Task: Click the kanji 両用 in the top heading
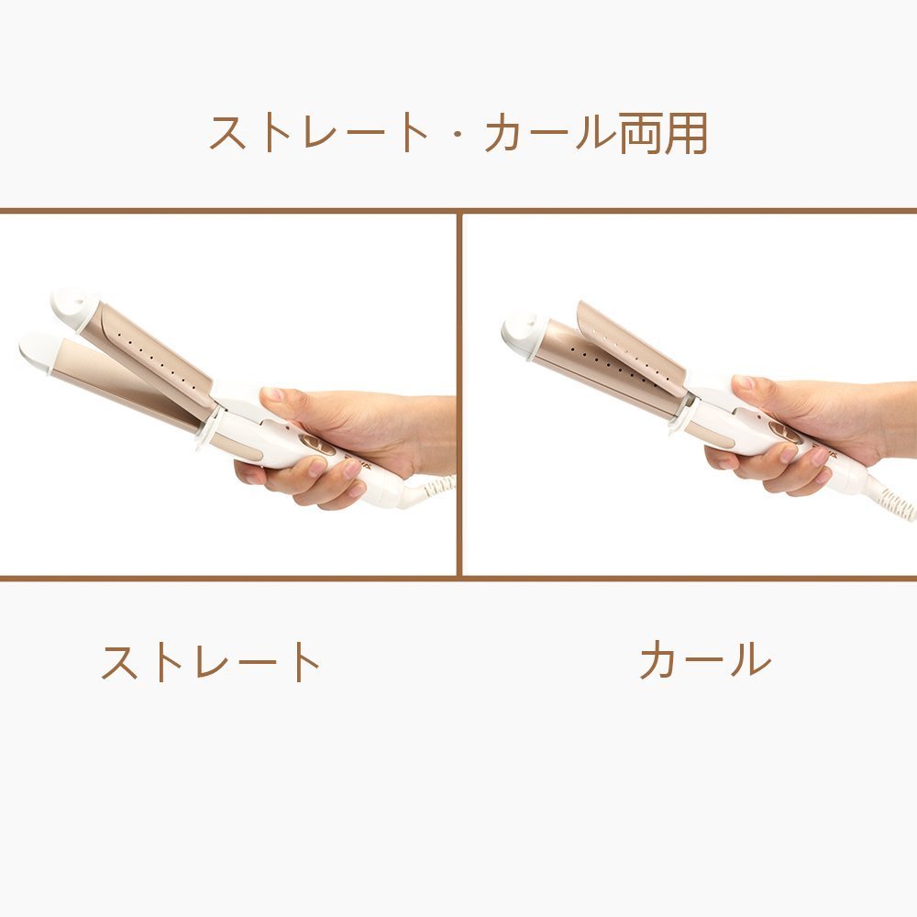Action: pyautogui.click(x=663, y=133)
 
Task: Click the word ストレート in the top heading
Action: pyautogui.click(x=319, y=133)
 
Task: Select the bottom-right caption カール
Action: pyautogui.click(x=705, y=659)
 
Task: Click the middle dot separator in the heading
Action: pyautogui.click(x=458, y=134)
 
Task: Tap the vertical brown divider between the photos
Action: pyautogui.click(x=459, y=394)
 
